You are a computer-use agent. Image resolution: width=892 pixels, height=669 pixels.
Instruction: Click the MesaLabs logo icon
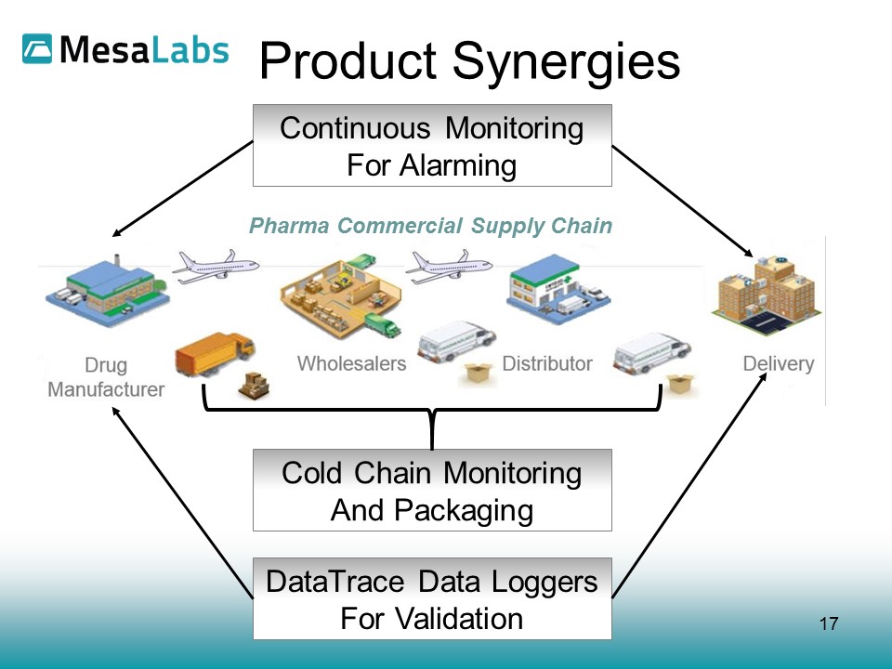[x=38, y=49]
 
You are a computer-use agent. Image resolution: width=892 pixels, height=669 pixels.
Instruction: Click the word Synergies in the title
[x=566, y=61]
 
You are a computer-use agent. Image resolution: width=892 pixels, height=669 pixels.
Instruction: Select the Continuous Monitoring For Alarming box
[x=432, y=146]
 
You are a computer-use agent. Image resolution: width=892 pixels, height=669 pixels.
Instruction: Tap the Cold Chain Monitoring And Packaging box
[x=432, y=491]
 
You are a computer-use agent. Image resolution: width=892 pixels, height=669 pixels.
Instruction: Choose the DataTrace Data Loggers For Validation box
[x=432, y=599]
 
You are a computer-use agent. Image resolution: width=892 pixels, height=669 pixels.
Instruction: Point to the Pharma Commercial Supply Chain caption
[x=431, y=226]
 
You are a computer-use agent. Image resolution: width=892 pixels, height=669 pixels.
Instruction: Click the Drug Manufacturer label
[x=106, y=376]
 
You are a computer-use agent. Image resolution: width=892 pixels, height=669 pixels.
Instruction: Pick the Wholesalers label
[x=351, y=363]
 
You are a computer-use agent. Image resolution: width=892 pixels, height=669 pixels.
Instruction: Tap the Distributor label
[x=547, y=363]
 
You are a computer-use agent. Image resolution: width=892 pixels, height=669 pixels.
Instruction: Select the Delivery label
[x=778, y=363]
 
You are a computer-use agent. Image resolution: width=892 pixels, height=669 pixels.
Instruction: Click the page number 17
[x=829, y=623]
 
